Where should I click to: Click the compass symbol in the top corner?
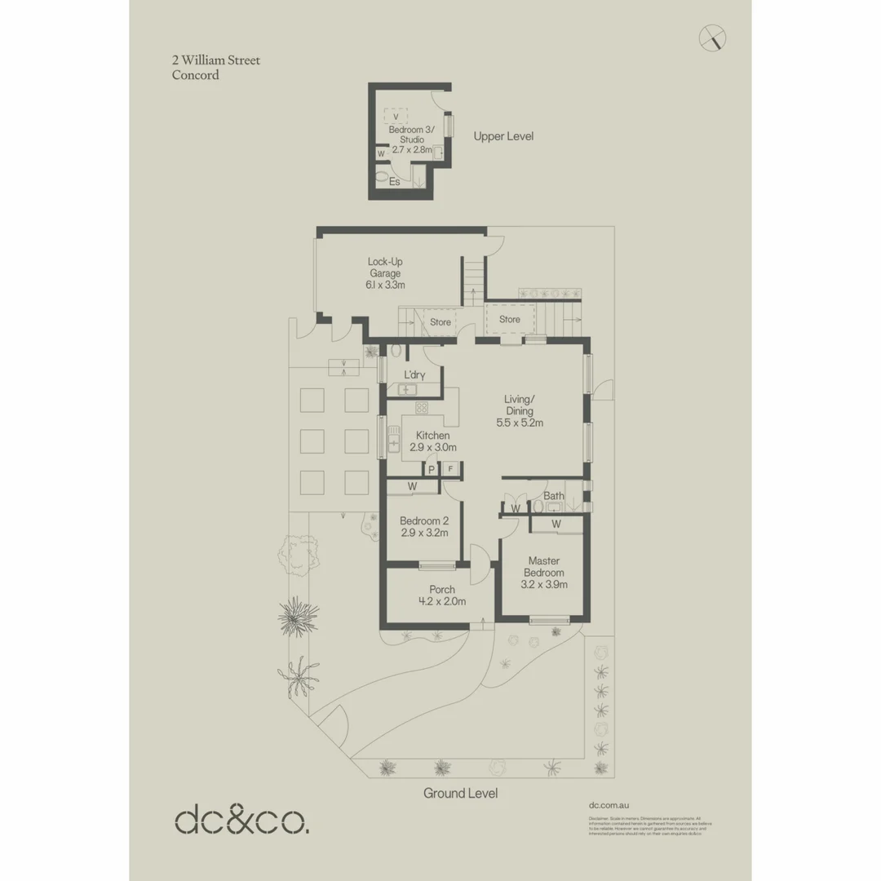tap(713, 38)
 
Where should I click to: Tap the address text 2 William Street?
tap(215, 60)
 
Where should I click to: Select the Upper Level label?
tap(503, 136)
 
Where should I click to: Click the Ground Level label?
tap(460, 793)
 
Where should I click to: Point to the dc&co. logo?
tap(242, 820)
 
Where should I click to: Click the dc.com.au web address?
tap(609, 804)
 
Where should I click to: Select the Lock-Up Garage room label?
tap(385, 273)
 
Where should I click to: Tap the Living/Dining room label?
tap(520, 410)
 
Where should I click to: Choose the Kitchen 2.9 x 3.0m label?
tap(432, 441)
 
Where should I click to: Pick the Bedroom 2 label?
tap(424, 526)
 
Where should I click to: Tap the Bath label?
tap(554, 496)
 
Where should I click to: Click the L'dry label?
tap(414, 374)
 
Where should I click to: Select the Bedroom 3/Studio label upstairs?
tap(412, 139)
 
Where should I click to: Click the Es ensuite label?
tap(395, 182)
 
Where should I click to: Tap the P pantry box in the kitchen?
tap(432, 469)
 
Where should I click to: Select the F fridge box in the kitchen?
tap(449, 469)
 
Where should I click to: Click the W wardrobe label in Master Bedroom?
tap(556, 523)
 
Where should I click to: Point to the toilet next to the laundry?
tap(396, 352)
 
